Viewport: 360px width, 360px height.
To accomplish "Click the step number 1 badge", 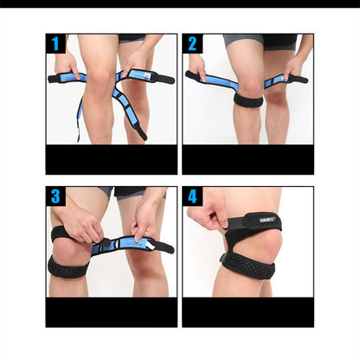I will pyautogui.click(x=56, y=44).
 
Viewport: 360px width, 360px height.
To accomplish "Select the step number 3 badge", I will pyautogui.click(x=56, y=196).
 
